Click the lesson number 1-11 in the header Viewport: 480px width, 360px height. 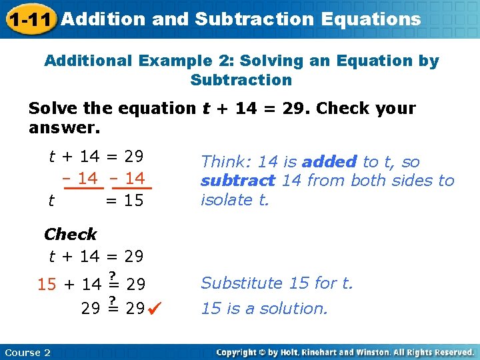[29, 19]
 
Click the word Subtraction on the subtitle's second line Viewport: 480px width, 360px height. [241, 80]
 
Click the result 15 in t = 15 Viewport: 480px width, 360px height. [133, 200]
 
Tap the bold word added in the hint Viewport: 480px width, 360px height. [329, 161]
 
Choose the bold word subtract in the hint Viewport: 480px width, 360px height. [238, 181]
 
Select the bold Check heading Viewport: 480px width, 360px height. [70, 234]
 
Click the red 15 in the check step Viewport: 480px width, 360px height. [47, 285]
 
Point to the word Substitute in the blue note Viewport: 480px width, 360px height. [242, 283]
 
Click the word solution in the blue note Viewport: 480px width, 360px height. [295, 309]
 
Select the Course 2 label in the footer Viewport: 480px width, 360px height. [27, 352]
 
